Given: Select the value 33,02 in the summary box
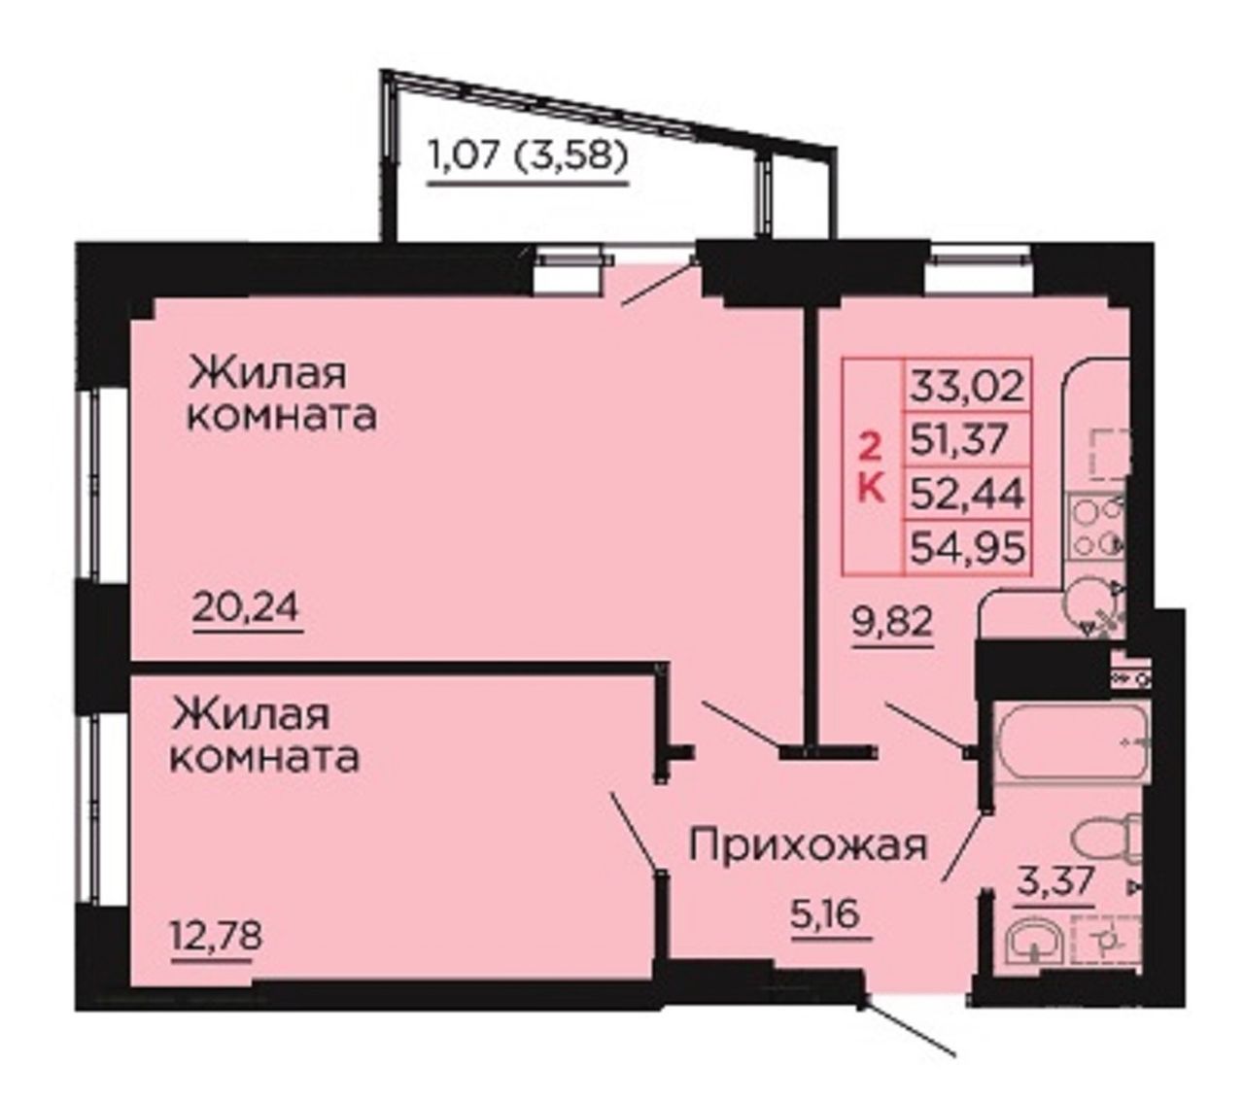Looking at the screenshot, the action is pyautogui.click(x=966, y=387).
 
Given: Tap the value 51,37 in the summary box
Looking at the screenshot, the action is pyautogui.click(x=959, y=439).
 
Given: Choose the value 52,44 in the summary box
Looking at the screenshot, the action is pyautogui.click(x=966, y=493).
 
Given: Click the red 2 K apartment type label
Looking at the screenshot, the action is pyautogui.click(x=872, y=465).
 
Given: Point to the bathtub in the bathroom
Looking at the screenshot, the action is pyautogui.click(x=1071, y=741).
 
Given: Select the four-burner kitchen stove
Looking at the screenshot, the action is pyautogui.click(x=1097, y=527).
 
